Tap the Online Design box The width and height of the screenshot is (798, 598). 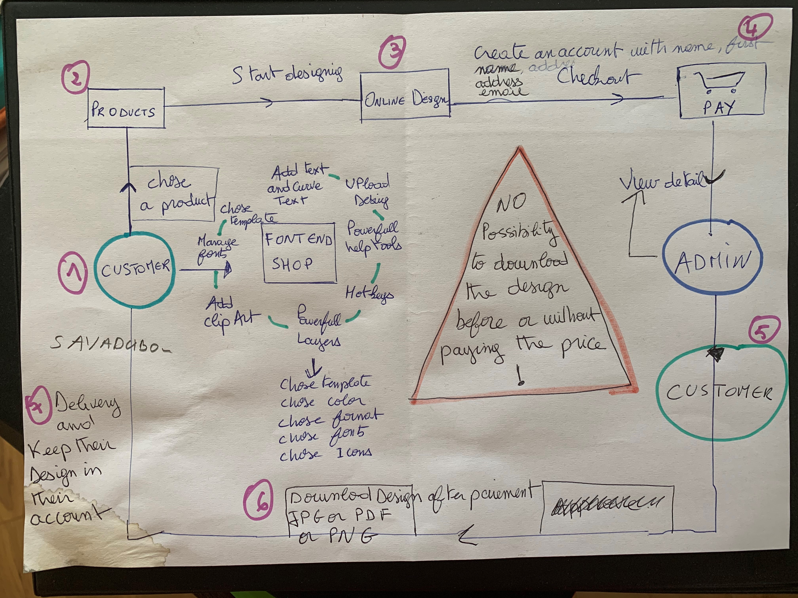(405, 95)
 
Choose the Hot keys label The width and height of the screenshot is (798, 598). (369, 294)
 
